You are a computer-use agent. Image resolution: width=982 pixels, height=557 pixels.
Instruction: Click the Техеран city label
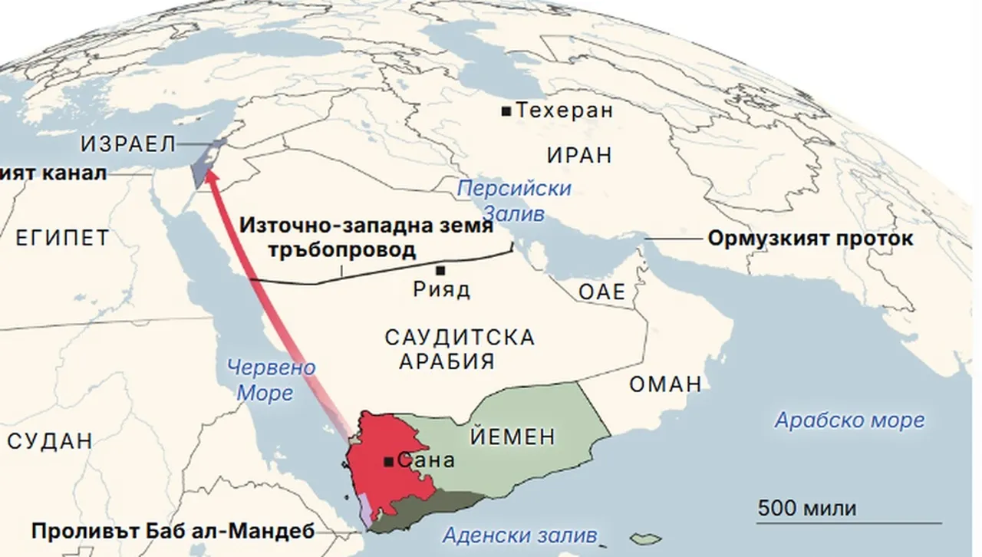[x=565, y=110]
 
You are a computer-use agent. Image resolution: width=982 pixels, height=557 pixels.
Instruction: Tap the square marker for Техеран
[x=506, y=111]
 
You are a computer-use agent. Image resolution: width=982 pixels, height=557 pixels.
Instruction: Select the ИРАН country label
[x=579, y=155]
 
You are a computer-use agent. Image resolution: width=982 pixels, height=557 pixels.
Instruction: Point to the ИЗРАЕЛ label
[x=128, y=143]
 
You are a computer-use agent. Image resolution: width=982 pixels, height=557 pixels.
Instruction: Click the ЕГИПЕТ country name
[x=61, y=238]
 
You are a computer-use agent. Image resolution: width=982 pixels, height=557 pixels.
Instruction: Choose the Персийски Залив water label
[x=514, y=200]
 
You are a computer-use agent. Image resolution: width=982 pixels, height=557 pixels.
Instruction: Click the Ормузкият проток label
[x=810, y=238]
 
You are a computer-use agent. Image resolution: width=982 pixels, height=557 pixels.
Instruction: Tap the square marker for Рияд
[x=440, y=270]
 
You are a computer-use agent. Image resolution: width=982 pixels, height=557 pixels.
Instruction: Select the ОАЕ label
[x=602, y=292]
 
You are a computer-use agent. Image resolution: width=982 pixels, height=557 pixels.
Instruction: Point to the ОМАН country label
[x=665, y=384]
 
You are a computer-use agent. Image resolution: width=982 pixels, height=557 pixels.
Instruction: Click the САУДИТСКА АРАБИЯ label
[x=459, y=349]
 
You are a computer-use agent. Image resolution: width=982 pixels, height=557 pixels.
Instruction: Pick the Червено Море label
[x=271, y=380]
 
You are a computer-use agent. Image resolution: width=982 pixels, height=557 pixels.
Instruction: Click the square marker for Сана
[x=389, y=462]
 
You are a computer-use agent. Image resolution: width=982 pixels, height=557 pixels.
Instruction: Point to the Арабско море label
[x=849, y=420]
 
